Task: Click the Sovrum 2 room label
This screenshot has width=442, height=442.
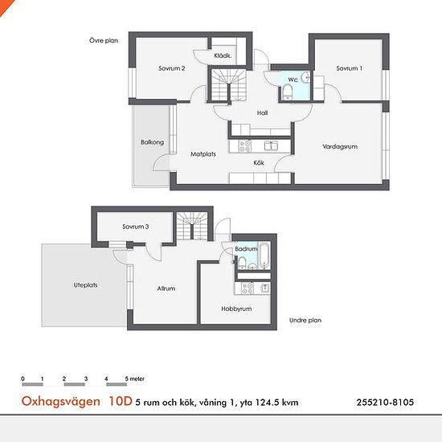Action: coord(172,68)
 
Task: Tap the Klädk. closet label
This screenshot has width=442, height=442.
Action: coord(223,55)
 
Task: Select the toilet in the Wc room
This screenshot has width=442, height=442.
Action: coord(288,92)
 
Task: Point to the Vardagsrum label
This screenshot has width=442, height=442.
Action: coord(340,146)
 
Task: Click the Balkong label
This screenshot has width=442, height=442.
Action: coord(152,142)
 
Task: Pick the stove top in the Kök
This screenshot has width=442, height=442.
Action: coord(244,146)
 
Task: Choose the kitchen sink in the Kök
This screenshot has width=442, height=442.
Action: coord(271,146)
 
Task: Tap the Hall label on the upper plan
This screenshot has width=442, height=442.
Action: coord(262,113)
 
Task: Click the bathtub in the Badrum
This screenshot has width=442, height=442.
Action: coord(264,256)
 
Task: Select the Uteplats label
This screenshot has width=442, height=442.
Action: coord(85,285)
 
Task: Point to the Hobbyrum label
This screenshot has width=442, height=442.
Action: coord(236,309)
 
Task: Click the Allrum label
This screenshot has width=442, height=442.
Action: coord(166,289)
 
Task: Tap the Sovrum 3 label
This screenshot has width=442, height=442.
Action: coord(136,227)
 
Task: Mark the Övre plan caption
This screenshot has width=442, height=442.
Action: coord(104,41)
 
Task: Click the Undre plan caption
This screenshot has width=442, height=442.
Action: coord(305,320)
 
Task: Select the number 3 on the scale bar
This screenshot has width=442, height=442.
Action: coord(86,379)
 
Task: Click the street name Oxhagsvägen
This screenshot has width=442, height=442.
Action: coord(60,401)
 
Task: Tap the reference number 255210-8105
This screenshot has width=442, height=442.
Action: coord(385,403)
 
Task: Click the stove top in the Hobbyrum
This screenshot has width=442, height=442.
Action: coord(248,289)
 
